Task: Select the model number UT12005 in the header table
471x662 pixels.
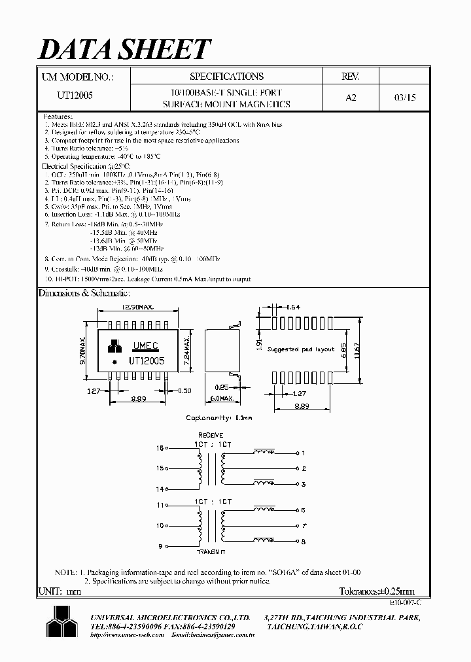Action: pyautogui.click(x=75, y=96)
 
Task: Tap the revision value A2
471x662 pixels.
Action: pyautogui.click(x=351, y=96)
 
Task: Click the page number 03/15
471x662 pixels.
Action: pyautogui.click(x=405, y=96)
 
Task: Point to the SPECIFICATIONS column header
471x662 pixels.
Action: pyautogui.click(x=226, y=77)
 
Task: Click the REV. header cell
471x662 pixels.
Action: pyautogui.click(x=351, y=77)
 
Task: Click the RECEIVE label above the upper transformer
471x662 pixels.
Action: pyautogui.click(x=210, y=435)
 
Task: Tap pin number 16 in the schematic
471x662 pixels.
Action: pyautogui.click(x=160, y=449)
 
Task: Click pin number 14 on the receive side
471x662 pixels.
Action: pyautogui.click(x=160, y=489)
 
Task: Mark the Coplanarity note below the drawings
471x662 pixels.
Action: pyautogui.click(x=218, y=417)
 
